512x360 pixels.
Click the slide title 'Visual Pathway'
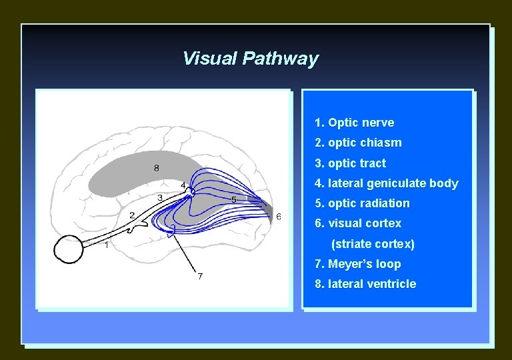(x=250, y=59)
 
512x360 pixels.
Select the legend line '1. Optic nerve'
(x=354, y=123)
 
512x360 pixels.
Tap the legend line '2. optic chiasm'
(x=358, y=143)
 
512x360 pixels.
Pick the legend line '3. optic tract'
(x=350, y=163)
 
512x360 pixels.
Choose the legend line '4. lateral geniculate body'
(x=386, y=183)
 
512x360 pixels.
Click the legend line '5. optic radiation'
(x=362, y=203)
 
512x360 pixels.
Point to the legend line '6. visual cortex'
(x=358, y=223)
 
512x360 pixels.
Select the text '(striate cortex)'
(x=373, y=244)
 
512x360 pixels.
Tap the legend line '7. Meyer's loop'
(x=358, y=264)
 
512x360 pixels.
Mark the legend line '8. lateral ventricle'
(x=365, y=284)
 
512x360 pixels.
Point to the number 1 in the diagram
(x=107, y=245)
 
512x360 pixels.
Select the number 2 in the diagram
(x=132, y=215)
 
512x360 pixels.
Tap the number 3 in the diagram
(x=160, y=197)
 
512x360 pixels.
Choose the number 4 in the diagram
(x=183, y=185)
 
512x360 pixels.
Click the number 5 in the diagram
(x=233, y=199)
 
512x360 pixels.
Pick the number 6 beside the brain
(x=278, y=216)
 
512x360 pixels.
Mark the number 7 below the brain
(x=200, y=276)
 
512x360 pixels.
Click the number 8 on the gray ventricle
(x=157, y=168)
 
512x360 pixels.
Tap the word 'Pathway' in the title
(x=280, y=59)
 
